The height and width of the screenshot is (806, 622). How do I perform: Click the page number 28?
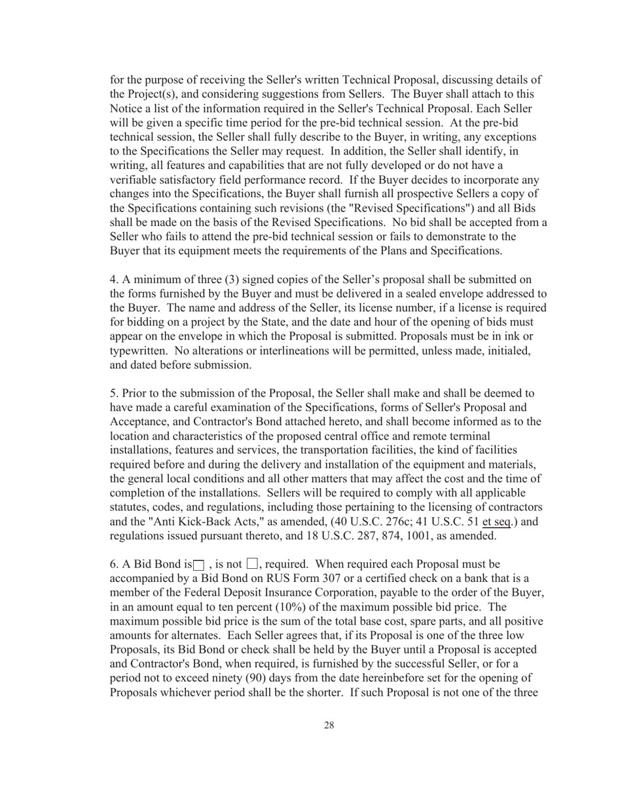pos(329,725)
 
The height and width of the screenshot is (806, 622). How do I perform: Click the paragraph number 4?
pos(113,279)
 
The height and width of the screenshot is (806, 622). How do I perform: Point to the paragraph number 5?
pos(113,393)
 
